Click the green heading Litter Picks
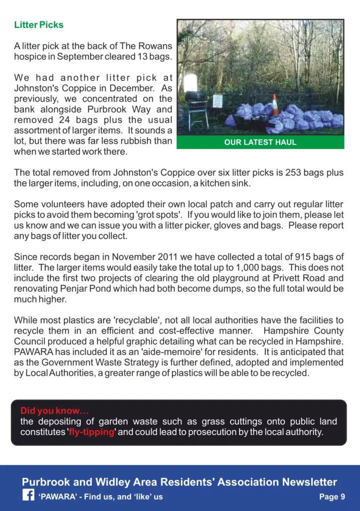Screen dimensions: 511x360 39,25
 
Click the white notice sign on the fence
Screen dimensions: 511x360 217,101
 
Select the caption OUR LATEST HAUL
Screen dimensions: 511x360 260,142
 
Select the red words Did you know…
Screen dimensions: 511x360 54,411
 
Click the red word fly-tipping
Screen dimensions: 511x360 92,432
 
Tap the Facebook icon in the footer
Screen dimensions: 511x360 28,496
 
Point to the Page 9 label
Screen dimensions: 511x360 332,497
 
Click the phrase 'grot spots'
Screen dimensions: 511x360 150,216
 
